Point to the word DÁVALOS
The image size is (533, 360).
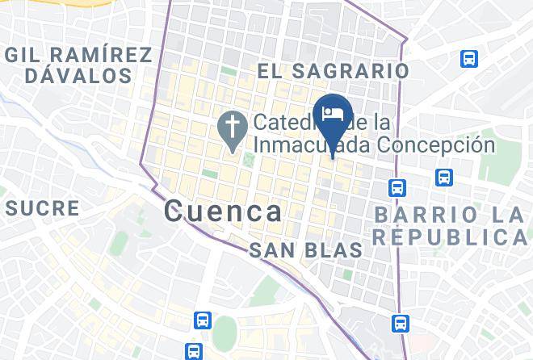(78, 76)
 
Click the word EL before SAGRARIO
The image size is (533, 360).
(271, 71)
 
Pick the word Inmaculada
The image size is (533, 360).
(308, 145)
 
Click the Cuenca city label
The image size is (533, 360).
(223, 211)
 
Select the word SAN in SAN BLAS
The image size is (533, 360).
(269, 250)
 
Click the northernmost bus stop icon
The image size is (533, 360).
(468, 59)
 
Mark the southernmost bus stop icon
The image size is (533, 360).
(192, 351)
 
